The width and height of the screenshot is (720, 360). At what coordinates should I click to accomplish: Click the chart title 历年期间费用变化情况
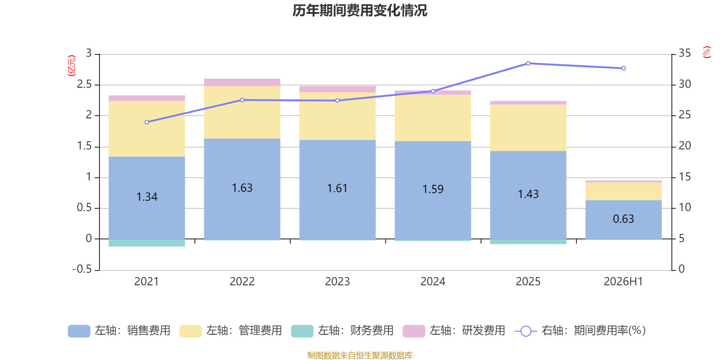click(x=360, y=11)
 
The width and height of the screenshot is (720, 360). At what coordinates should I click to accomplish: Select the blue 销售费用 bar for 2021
click(x=147, y=198)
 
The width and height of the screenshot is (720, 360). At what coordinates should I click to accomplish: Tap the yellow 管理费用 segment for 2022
click(x=242, y=112)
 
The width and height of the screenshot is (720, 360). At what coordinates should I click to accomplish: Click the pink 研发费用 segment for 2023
click(x=337, y=89)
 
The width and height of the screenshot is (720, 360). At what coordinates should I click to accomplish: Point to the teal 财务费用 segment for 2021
click(x=147, y=243)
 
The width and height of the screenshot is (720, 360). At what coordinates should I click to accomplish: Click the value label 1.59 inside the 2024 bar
click(x=432, y=189)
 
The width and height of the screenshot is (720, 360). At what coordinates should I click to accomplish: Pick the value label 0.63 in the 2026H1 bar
click(x=623, y=219)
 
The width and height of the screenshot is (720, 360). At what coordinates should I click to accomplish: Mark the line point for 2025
click(x=528, y=63)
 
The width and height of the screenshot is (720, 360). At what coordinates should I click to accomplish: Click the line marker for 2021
click(x=147, y=122)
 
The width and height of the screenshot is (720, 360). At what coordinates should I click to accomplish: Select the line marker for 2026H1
click(x=624, y=68)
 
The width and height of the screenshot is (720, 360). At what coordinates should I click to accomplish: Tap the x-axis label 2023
click(x=337, y=282)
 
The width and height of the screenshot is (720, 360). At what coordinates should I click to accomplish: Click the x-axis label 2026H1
click(x=623, y=282)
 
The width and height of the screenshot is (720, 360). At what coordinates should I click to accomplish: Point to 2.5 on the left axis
click(x=84, y=84)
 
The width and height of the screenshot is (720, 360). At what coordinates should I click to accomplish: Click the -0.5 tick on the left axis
click(x=82, y=269)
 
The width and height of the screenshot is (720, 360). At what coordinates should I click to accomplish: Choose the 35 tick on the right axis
click(x=684, y=53)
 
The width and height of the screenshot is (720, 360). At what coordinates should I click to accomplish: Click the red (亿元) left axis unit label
click(x=72, y=66)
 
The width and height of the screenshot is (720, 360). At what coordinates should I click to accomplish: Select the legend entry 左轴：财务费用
click(x=342, y=331)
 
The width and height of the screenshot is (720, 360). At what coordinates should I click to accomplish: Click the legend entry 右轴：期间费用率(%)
click(x=580, y=331)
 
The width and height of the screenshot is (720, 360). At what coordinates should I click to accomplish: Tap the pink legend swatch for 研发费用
click(x=414, y=331)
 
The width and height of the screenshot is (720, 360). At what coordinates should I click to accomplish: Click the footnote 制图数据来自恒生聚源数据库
click(x=360, y=355)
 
